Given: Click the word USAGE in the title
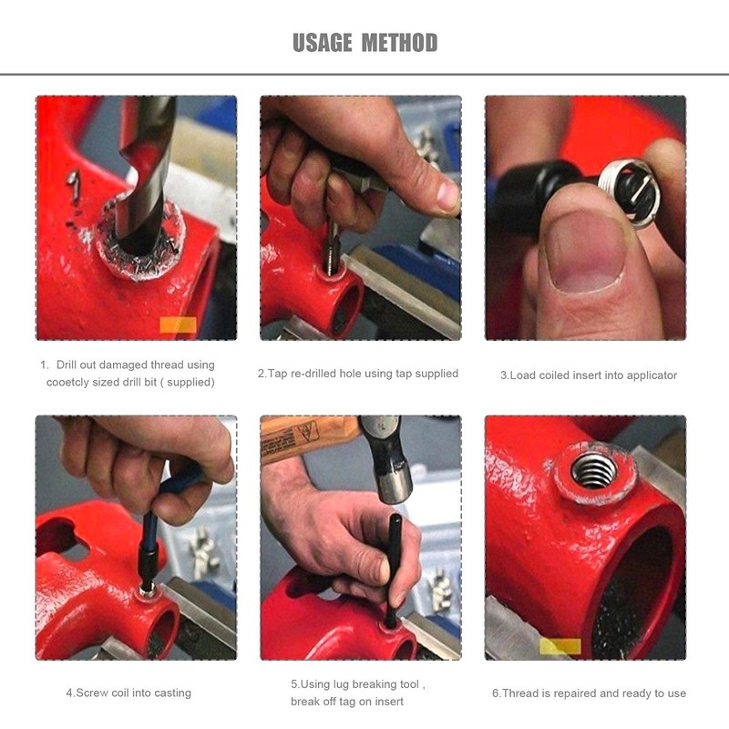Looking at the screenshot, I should point(322,43).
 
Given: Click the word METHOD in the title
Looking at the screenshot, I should point(399,43).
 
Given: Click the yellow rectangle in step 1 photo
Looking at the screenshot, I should point(178,324).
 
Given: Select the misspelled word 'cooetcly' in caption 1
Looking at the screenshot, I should point(77,382).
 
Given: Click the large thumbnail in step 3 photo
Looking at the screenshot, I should point(586,252).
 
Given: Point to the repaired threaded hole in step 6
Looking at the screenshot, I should point(593,469).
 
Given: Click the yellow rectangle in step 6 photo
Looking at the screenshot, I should point(560,646).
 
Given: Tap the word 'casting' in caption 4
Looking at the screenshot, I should point(171,693).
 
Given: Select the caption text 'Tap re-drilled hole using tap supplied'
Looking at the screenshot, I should point(357,373).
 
